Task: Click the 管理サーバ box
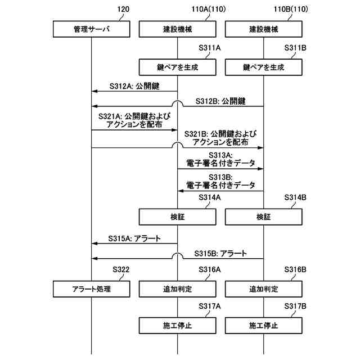tap(91, 28)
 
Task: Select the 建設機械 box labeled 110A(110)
tap(177, 28)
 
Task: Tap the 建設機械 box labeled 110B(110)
tap(263, 28)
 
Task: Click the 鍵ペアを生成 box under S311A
tap(177, 67)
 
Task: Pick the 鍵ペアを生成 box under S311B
tap(263, 67)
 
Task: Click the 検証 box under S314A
tap(177, 216)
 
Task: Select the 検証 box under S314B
tap(263, 216)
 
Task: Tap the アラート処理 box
tap(91, 289)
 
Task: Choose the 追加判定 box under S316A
tap(177, 289)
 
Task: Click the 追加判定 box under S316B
tap(263, 289)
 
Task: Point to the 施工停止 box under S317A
tap(177, 325)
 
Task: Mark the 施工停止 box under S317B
tap(263, 325)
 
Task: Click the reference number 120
tap(124, 9)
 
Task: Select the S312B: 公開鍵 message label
tap(221, 101)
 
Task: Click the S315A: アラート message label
tap(135, 238)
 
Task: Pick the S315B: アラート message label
tap(221, 253)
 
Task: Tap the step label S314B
tap(295, 197)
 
